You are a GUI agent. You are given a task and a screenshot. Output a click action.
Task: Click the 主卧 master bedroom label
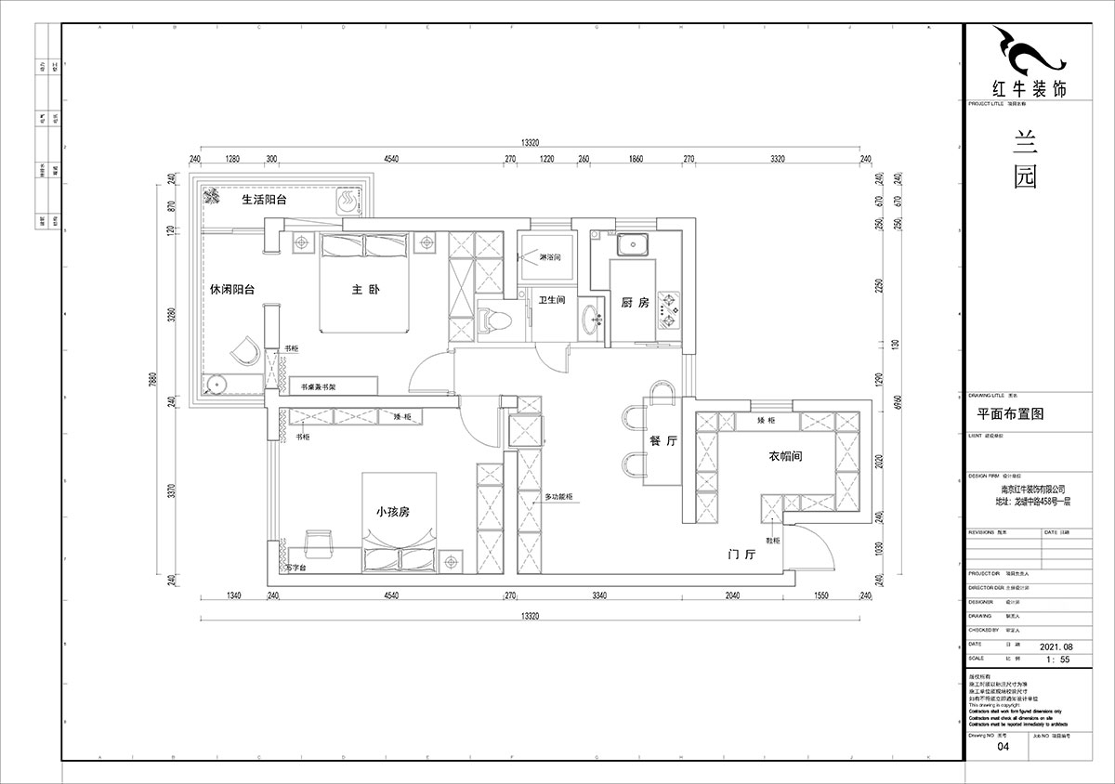point(366,289)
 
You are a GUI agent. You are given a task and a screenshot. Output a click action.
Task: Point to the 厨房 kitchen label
point(634,302)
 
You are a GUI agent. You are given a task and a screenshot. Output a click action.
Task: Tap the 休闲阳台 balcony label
point(232,290)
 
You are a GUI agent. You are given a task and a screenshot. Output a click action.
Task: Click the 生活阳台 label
point(264,199)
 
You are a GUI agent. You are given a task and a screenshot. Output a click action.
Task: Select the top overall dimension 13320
point(531,142)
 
